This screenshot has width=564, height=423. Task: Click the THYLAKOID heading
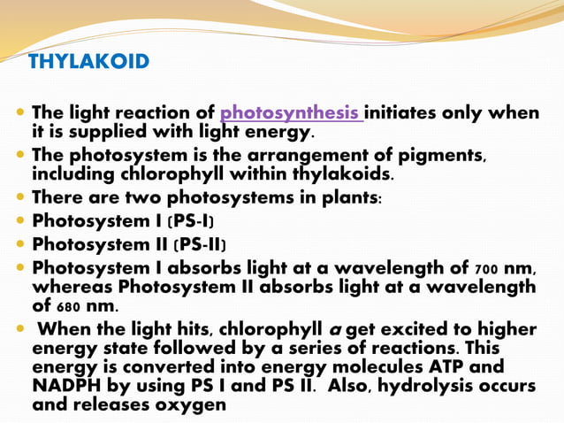click(88, 62)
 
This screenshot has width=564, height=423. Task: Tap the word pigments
click(440, 155)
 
